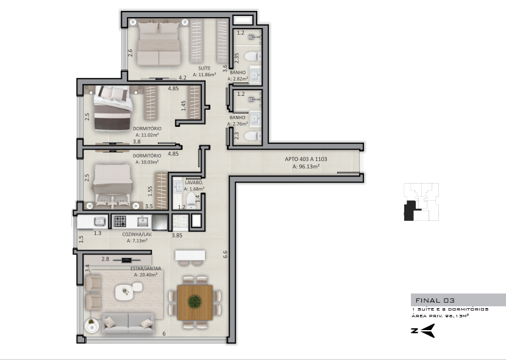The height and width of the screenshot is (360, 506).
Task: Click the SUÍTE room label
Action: click(204, 68)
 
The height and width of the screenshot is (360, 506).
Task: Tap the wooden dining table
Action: click(195, 302)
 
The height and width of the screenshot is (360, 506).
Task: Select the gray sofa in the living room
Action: click(128, 323)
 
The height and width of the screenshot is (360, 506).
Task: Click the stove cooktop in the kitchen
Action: click(120, 221)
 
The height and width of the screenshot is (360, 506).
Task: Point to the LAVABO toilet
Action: click(191, 200)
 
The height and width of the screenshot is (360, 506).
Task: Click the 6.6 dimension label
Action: click(225, 254)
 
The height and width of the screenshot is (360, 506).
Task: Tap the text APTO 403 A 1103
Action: click(306, 159)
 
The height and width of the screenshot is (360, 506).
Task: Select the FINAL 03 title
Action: click(435, 300)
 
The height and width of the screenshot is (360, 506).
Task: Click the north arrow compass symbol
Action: click(423, 331)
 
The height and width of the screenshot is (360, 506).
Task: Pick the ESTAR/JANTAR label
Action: click(146, 268)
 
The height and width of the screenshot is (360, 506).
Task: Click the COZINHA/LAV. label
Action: click(137, 234)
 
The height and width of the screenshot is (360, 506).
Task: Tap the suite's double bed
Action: click(159, 42)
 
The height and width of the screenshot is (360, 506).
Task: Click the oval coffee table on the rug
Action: click(124, 292)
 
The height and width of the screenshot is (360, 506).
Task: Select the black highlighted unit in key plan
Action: click(410, 211)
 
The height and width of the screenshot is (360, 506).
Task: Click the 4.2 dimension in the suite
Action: click(183, 78)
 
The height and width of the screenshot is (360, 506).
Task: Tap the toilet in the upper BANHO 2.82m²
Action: click(252, 57)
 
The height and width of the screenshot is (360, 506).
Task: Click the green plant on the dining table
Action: click(194, 301)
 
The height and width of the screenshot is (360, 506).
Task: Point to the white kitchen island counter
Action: click(190, 255)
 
